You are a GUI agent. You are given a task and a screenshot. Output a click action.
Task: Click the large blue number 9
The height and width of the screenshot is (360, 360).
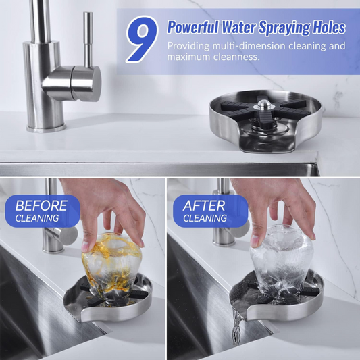click(x=143, y=39)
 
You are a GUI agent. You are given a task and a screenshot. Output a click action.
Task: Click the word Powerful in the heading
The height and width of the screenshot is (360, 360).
click(x=192, y=27)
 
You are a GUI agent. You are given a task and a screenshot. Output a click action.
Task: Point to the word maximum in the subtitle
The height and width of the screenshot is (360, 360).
click(x=188, y=57)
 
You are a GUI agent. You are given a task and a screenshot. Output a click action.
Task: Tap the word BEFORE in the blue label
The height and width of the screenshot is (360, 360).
click(x=41, y=205)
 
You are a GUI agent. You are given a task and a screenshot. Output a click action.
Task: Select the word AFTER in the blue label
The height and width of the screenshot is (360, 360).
click(x=204, y=205)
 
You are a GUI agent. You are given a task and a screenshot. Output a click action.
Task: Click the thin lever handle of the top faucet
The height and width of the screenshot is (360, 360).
click(x=88, y=39)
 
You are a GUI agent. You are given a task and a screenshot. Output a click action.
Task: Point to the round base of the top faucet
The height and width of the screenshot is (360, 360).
click(x=47, y=128)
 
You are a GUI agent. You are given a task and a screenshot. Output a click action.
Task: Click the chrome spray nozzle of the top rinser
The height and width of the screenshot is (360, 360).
click(x=264, y=105)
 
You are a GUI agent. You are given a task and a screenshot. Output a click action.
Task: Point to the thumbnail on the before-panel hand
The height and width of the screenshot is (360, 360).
click(x=85, y=247)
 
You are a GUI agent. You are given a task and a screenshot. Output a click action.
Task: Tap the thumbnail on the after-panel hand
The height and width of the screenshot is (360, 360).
click(x=255, y=240)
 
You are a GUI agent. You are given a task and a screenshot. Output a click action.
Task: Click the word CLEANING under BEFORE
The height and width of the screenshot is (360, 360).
click(x=37, y=218)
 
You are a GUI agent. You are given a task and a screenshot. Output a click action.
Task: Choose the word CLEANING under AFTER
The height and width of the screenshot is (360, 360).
click(x=205, y=218)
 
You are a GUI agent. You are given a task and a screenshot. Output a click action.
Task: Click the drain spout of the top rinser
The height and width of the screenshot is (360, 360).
click(x=267, y=143)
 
